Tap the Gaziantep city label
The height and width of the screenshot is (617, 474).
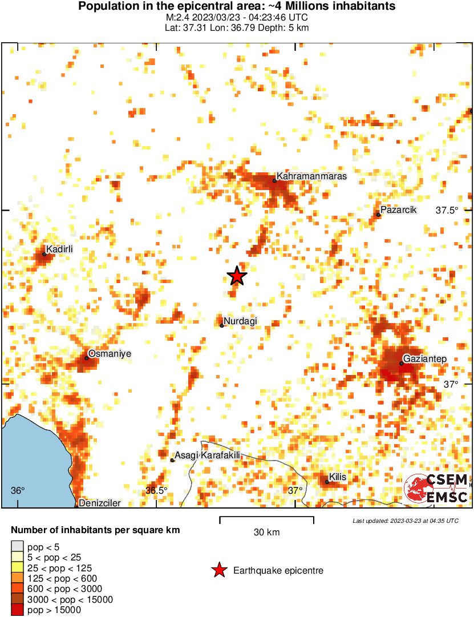(426, 358)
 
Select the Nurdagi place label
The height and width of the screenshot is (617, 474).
(240, 321)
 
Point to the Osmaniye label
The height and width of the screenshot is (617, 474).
(110, 354)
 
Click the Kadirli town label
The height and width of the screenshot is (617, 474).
(59, 249)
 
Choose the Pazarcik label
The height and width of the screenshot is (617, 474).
(399, 210)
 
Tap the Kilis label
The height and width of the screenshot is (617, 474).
(338, 477)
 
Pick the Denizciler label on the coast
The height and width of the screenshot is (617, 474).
(100, 503)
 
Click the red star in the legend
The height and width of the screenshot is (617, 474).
(218, 570)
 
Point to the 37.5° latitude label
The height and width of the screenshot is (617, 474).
(447, 211)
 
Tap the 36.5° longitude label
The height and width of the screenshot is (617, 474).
(156, 491)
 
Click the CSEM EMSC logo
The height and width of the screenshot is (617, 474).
(436, 489)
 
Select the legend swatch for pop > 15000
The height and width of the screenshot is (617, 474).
(18, 610)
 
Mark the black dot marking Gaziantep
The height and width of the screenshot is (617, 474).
(402, 363)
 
